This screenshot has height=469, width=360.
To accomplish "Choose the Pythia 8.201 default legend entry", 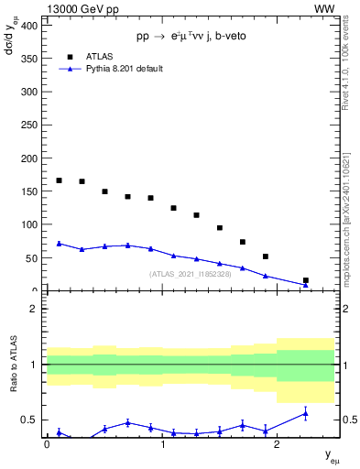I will click(117, 69).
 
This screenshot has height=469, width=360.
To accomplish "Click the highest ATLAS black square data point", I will click(60, 180).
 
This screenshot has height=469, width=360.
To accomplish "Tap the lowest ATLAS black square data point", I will click(306, 280).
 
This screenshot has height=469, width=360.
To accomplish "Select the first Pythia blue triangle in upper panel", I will click(60, 244).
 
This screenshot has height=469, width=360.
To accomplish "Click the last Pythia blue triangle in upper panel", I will click(306, 285).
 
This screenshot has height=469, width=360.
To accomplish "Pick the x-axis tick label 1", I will click(162, 445).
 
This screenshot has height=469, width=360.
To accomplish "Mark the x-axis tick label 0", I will click(47, 445).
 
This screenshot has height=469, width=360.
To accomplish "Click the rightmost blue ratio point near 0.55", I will click(306, 414).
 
